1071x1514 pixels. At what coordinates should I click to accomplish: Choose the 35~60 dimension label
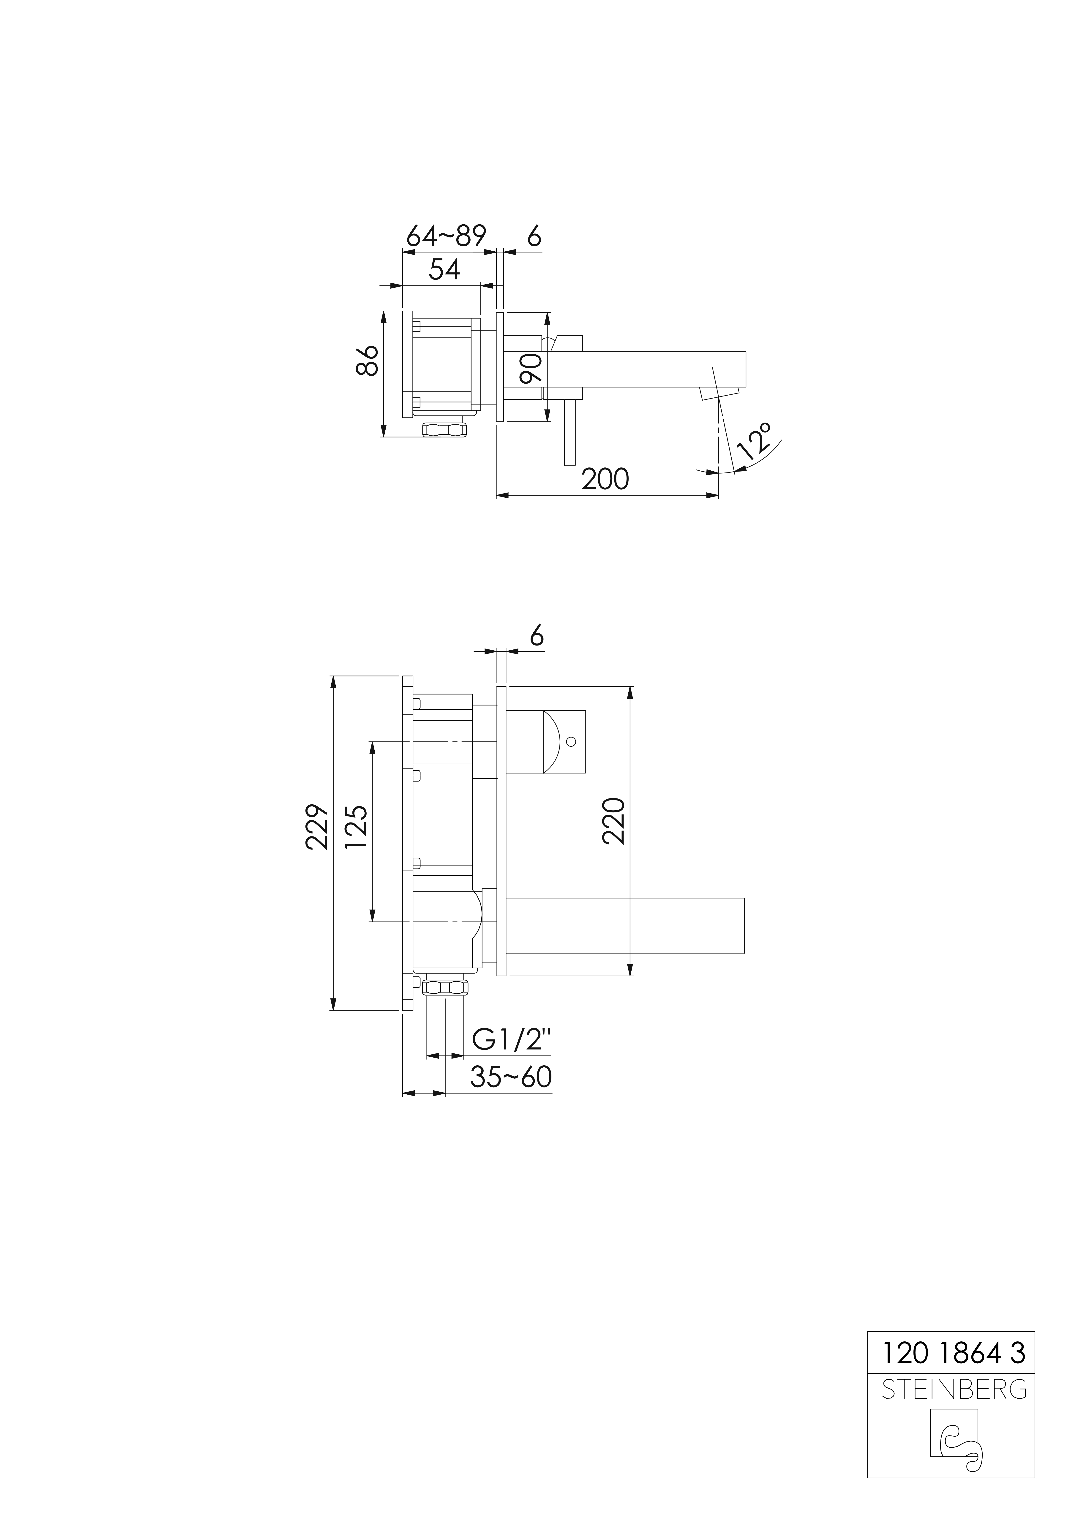coord(510,1077)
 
